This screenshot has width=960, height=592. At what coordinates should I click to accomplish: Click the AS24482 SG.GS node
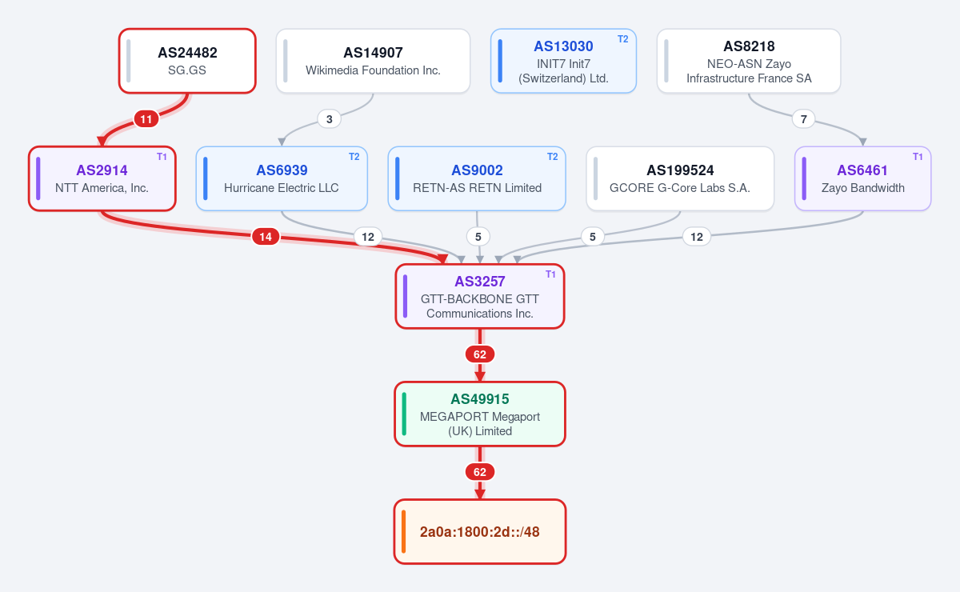click(187, 61)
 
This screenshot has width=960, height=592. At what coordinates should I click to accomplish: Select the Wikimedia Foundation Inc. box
click(373, 61)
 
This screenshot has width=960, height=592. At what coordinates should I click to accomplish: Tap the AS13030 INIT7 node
click(563, 61)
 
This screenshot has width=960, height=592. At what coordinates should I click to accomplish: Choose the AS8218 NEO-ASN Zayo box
click(749, 61)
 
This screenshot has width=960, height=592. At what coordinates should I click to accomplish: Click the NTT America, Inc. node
click(102, 178)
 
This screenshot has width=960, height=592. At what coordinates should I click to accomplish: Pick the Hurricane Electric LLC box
click(282, 178)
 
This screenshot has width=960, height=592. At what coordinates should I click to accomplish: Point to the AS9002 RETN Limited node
click(477, 178)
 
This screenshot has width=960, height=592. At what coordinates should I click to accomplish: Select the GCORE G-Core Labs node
click(680, 178)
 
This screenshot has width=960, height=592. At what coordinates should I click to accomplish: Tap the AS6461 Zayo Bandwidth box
click(862, 178)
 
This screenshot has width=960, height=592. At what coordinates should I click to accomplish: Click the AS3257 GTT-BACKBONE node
click(479, 296)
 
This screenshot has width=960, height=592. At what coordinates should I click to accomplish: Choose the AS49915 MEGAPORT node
click(479, 414)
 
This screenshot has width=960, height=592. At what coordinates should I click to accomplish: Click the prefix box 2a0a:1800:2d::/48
click(479, 531)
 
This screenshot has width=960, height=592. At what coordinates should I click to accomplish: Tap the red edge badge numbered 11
click(146, 119)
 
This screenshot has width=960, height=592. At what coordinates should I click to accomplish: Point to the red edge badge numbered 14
click(266, 237)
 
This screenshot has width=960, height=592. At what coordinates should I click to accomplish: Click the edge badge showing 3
click(329, 119)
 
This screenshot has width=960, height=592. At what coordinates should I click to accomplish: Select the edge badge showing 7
click(803, 119)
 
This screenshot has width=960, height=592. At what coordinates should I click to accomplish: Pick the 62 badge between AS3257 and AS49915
click(479, 354)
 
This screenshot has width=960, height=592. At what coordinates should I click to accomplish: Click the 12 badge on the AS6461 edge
click(697, 237)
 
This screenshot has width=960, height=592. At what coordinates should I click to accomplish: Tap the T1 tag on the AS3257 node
click(550, 274)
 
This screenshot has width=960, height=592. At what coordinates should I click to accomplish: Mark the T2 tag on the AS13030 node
click(622, 39)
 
